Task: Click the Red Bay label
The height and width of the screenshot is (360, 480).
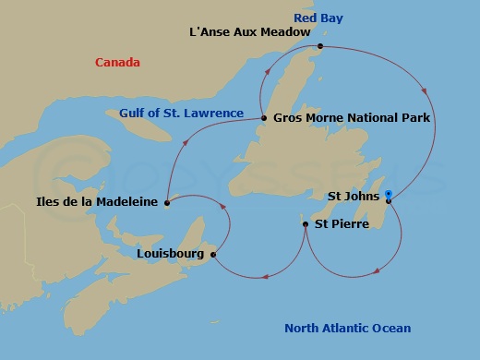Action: click(x=318, y=18)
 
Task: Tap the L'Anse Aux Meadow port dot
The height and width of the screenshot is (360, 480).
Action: click(x=319, y=46)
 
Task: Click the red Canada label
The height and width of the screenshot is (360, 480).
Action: click(x=117, y=63)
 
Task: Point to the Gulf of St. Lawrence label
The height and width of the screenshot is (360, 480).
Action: click(x=181, y=114)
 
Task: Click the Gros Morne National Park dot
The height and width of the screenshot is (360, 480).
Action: click(x=264, y=118)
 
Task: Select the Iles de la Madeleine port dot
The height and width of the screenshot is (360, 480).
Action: click(x=166, y=203)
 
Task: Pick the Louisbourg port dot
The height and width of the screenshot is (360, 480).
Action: click(x=213, y=255)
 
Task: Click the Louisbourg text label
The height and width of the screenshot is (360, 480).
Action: click(x=172, y=252)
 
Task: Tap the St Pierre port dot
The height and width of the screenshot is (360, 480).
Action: click(x=306, y=223)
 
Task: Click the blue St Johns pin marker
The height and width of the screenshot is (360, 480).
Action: click(x=389, y=197)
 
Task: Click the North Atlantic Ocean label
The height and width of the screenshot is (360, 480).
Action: click(x=347, y=329)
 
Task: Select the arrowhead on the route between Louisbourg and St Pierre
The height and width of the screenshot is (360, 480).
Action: click(x=264, y=273)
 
